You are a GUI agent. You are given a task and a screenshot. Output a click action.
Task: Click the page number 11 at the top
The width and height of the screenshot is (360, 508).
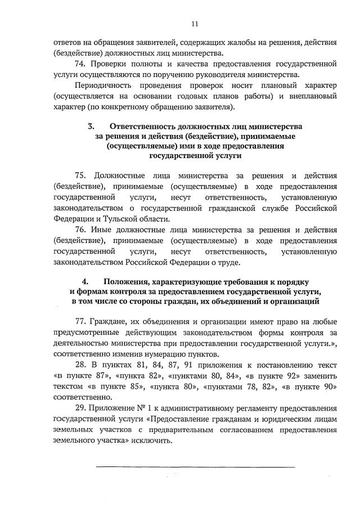(195, 24)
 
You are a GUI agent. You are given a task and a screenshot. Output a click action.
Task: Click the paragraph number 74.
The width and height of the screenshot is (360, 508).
(80, 65)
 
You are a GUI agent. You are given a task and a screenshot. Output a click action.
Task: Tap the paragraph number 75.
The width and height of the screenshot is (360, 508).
(81, 176)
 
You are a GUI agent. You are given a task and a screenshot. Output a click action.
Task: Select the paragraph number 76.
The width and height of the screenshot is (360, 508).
(81, 230)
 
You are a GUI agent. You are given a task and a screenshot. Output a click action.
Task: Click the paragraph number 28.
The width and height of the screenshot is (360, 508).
(81, 365)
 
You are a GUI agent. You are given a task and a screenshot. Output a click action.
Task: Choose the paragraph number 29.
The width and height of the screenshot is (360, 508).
(81, 407)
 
